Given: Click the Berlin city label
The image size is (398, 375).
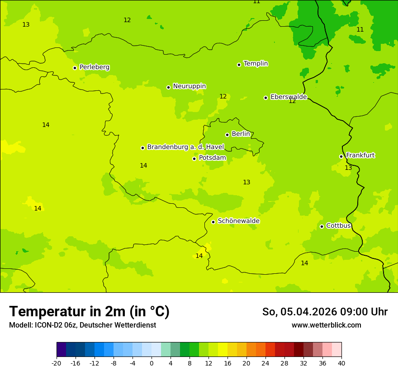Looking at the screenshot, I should tap(241, 134).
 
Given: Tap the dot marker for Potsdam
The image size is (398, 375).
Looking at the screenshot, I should tap(194, 159).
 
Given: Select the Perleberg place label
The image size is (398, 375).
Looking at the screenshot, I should tap(94, 67).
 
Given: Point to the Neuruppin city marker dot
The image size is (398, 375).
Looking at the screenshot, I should tap(168, 87).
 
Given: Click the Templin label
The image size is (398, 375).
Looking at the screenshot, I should tap(256, 64).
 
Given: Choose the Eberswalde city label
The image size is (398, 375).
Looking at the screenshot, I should tap(289, 97).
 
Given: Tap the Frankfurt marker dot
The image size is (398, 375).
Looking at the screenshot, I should tap(341, 156).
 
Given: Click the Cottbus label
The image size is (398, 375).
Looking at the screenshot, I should tap(338, 225).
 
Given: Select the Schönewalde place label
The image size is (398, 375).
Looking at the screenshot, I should tap(238, 221).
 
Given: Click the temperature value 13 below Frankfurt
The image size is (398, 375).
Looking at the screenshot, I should tap(348, 168).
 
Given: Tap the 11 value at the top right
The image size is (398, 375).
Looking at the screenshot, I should tap(360, 29).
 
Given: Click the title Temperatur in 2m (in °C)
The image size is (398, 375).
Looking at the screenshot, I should tap(89, 311).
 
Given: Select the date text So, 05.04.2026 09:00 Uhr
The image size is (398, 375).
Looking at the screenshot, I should tap(325, 312).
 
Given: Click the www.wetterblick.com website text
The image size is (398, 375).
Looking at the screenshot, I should tap(326, 325).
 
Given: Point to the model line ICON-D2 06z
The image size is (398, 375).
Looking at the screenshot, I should tap(82, 325).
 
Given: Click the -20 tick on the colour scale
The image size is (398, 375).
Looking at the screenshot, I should tap(57, 363).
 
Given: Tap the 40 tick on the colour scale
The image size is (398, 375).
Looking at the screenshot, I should tap(341, 363).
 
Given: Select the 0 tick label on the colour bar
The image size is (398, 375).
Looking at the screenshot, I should tap(152, 363).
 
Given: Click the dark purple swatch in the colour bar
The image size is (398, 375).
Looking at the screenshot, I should tap(61, 350).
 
